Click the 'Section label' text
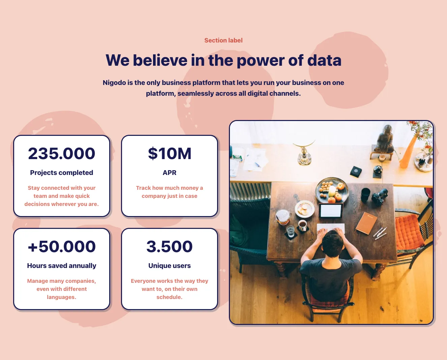pyautogui.click(x=223, y=40)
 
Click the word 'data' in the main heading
pyautogui.click(x=324, y=60)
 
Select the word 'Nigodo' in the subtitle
pyautogui.click(x=114, y=83)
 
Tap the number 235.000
pyautogui.click(x=61, y=153)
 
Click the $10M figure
pyautogui.click(x=170, y=153)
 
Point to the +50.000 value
pyautogui.click(x=61, y=247)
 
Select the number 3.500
pyautogui.click(x=170, y=247)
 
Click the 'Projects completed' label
pyautogui.click(x=61, y=173)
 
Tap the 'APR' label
pyautogui.click(x=170, y=173)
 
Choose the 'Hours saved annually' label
pyautogui.click(x=61, y=266)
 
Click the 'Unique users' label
pyautogui.click(x=170, y=266)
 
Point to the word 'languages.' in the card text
pyautogui.click(x=61, y=297)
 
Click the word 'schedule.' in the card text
pyautogui.click(x=170, y=297)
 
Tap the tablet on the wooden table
pyautogui.click(x=331, y=210)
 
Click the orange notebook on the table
pyautogui.click(x=366, y=223)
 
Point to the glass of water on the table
pyautogui.click(x=290, y=231)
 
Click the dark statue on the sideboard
pyautogui.click(x=385, y=139)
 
